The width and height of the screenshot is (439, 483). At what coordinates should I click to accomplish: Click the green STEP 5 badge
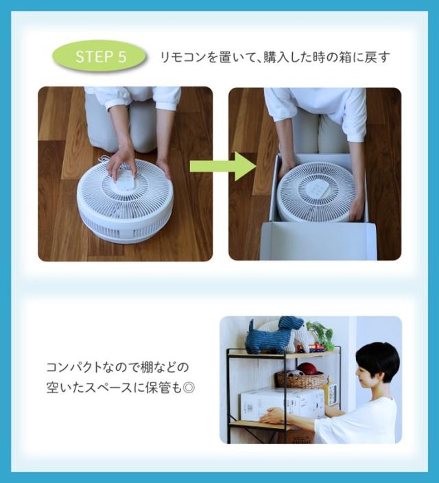[x=99, y=57]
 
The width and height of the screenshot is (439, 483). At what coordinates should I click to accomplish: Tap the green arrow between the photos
[x=222, y=166]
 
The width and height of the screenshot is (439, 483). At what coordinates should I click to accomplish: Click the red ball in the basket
[x=307, y=368]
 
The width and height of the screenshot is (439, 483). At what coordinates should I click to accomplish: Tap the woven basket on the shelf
[x=300, y=380]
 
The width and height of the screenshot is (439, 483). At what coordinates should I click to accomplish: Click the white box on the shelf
[x=282, y=403]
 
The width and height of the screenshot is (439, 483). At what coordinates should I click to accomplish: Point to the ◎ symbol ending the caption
[x=189, y=388]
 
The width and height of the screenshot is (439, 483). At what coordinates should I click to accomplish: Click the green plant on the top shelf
[x=320, y=335]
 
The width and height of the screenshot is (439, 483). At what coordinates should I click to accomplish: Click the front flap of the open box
[x=318, y=241]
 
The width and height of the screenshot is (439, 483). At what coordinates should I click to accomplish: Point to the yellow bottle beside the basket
[x=327, y=387]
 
